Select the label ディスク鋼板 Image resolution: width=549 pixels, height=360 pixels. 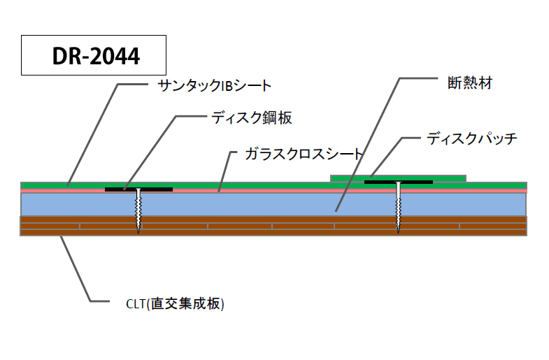point(251,118)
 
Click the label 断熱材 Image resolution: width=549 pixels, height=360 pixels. point(469,82)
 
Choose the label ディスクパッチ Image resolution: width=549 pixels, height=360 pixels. point(471,138)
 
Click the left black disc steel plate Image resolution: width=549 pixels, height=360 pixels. point(138,189)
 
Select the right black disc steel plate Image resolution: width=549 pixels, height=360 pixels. point(398,182)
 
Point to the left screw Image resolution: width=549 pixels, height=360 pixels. point(138,210)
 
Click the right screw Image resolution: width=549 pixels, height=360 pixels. point(398,206)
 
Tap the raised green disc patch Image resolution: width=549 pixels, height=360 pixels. point(448,178)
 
